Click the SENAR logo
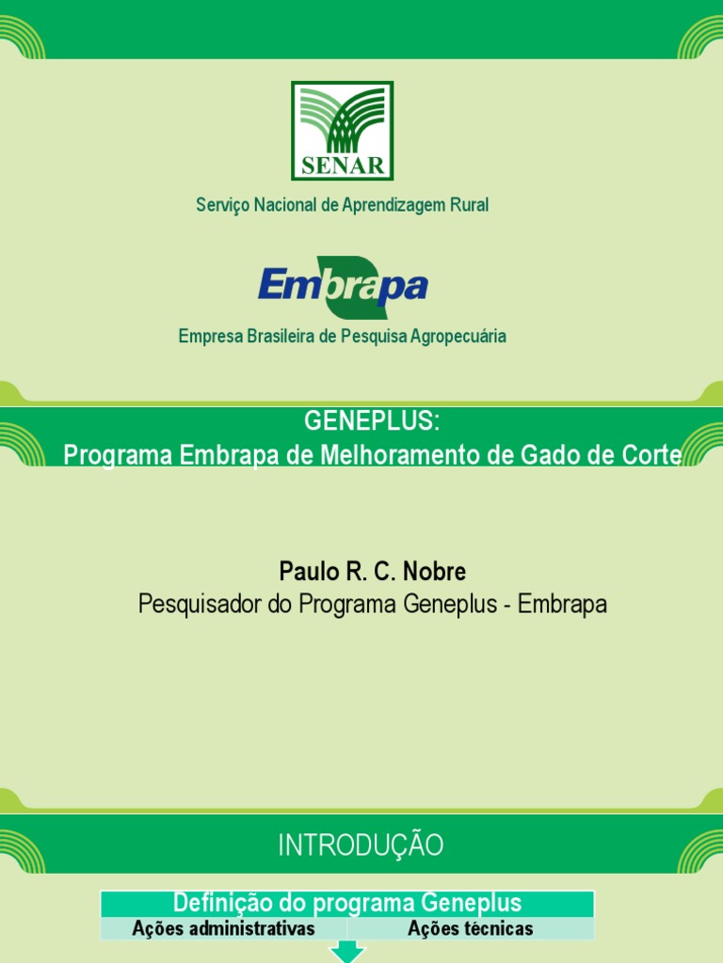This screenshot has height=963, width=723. click(x=343, y=131)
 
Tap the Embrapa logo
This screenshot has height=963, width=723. click(x=343, y=287)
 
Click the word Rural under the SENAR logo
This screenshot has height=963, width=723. click(x=469, y=205)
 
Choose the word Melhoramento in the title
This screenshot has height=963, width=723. click(x=395, y=455)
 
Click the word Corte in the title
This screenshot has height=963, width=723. click(x=651, y=455)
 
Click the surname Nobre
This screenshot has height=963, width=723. click(x=435, y=572)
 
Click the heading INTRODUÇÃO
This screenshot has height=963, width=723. click(x=361, y=845)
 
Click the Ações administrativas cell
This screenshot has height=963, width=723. click(x=224, y=929)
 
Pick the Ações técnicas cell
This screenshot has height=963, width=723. click(x=471, y=929)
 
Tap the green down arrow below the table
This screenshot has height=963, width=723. click(x=347, y=953)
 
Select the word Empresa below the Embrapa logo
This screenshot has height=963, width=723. click(x=209, y=336)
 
